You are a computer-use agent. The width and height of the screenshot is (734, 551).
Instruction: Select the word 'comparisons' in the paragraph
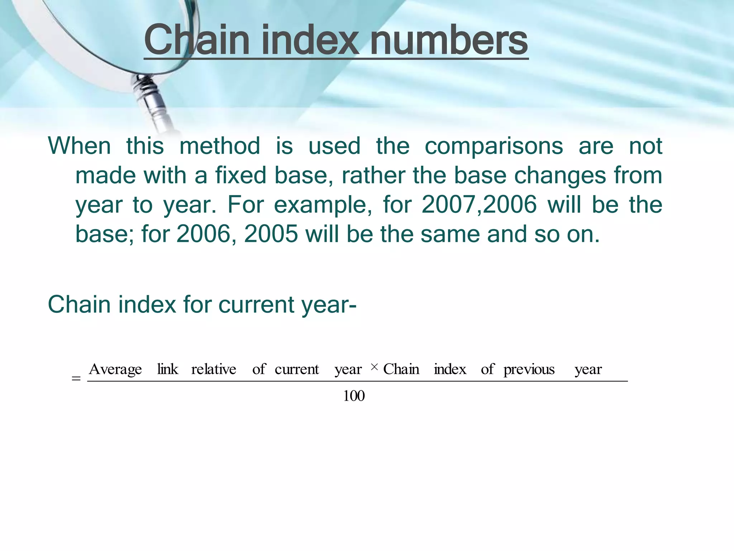click(494, 146)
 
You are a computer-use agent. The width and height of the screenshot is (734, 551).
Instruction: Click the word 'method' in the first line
click(220, 146)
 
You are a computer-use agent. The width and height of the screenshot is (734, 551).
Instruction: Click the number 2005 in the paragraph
click(271, 235)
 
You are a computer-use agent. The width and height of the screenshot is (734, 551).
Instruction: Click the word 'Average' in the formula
click(115, 369)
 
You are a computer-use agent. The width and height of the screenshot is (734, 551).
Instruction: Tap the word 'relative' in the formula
click(214, 369)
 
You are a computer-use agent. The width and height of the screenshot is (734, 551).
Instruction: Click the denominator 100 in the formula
click(354, 396)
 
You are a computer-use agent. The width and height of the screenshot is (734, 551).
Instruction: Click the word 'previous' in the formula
click(529, 369)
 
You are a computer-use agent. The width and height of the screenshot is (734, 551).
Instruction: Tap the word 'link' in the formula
click(167, 369)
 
